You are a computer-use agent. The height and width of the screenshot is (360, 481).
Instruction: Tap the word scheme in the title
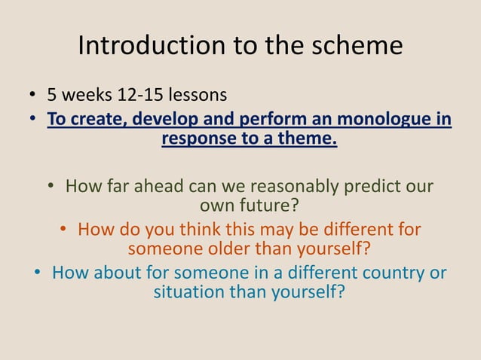tap(360, 47)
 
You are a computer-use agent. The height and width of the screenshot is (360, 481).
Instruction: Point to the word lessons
tap(197, 96)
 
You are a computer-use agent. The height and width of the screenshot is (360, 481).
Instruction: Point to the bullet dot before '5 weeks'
tap(33, 96)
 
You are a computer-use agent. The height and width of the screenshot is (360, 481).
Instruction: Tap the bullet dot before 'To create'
tap(33, 121)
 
